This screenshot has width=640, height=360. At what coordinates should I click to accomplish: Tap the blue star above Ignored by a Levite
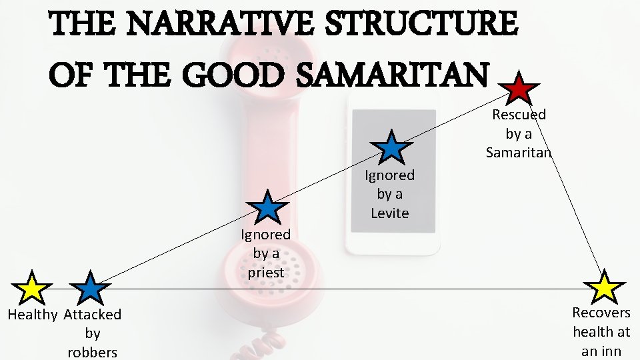(391, 148)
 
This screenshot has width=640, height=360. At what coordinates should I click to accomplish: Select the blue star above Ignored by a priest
(267, 207)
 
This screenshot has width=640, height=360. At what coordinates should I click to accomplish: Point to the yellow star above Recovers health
(605, 287)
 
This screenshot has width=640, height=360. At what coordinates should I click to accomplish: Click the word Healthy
(33, 315)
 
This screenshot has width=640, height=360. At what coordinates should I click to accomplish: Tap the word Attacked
(93, 315)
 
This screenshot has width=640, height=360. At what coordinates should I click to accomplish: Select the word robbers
(93, 352)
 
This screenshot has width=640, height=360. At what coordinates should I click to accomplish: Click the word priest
(265, 272)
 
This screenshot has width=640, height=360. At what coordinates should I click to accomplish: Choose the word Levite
(389, 213)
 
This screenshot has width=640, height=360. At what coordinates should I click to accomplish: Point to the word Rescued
(519, 115)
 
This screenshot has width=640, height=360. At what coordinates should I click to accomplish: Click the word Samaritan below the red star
(519, 153)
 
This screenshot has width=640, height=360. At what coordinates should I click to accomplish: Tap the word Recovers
(601, 312)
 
